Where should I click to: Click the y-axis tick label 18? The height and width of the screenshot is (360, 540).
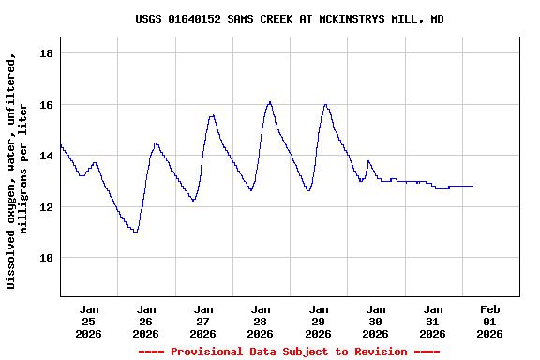[45, 54]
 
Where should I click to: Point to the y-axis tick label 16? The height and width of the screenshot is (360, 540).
[45, 105]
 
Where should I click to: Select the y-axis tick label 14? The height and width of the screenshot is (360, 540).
[45, 156]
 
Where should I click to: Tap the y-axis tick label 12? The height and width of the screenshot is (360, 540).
[45, 206]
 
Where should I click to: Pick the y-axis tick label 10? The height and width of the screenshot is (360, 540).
[45, 257]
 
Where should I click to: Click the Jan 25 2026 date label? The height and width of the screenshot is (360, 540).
[89, 321]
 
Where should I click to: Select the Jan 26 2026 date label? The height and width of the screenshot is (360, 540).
[146, 321]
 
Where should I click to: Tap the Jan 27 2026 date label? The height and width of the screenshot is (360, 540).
[203, 321]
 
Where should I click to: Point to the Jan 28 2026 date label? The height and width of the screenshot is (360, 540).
[261, 321]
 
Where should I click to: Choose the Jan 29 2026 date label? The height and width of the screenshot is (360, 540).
[318, 321]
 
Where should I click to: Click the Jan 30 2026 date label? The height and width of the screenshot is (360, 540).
[375, 321]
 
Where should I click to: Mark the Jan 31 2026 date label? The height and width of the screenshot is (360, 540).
[432, 321]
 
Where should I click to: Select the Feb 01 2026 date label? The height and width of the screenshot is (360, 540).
[489, 321]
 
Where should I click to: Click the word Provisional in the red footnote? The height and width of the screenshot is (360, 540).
[211, 352]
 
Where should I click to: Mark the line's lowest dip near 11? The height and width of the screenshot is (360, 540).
[136, 231]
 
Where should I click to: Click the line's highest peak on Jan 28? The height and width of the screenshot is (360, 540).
[270, 102]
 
